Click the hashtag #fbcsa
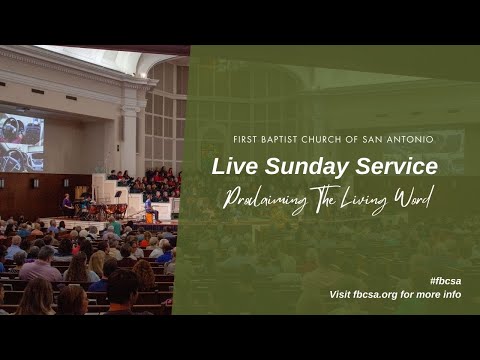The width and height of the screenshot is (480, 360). (x=445, y=281)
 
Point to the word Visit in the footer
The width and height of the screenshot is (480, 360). (x=342, y=295)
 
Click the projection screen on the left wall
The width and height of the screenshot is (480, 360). (x=21, y=143)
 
